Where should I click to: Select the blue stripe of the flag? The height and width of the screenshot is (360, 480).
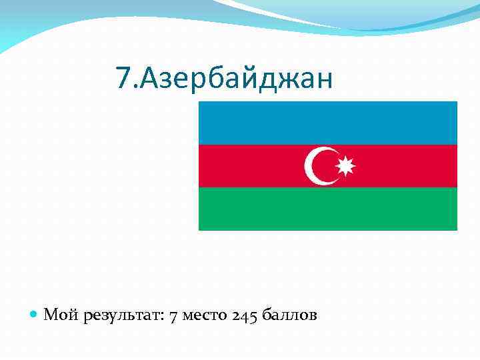(x=328, y=123)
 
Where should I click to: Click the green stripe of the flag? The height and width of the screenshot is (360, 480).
(x=328, y=209)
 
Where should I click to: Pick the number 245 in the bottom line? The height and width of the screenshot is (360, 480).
(x=245, y=315)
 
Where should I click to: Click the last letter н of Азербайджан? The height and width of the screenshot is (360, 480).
(x=323, y=79)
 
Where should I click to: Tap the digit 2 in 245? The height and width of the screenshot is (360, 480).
(x=237, y=315)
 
